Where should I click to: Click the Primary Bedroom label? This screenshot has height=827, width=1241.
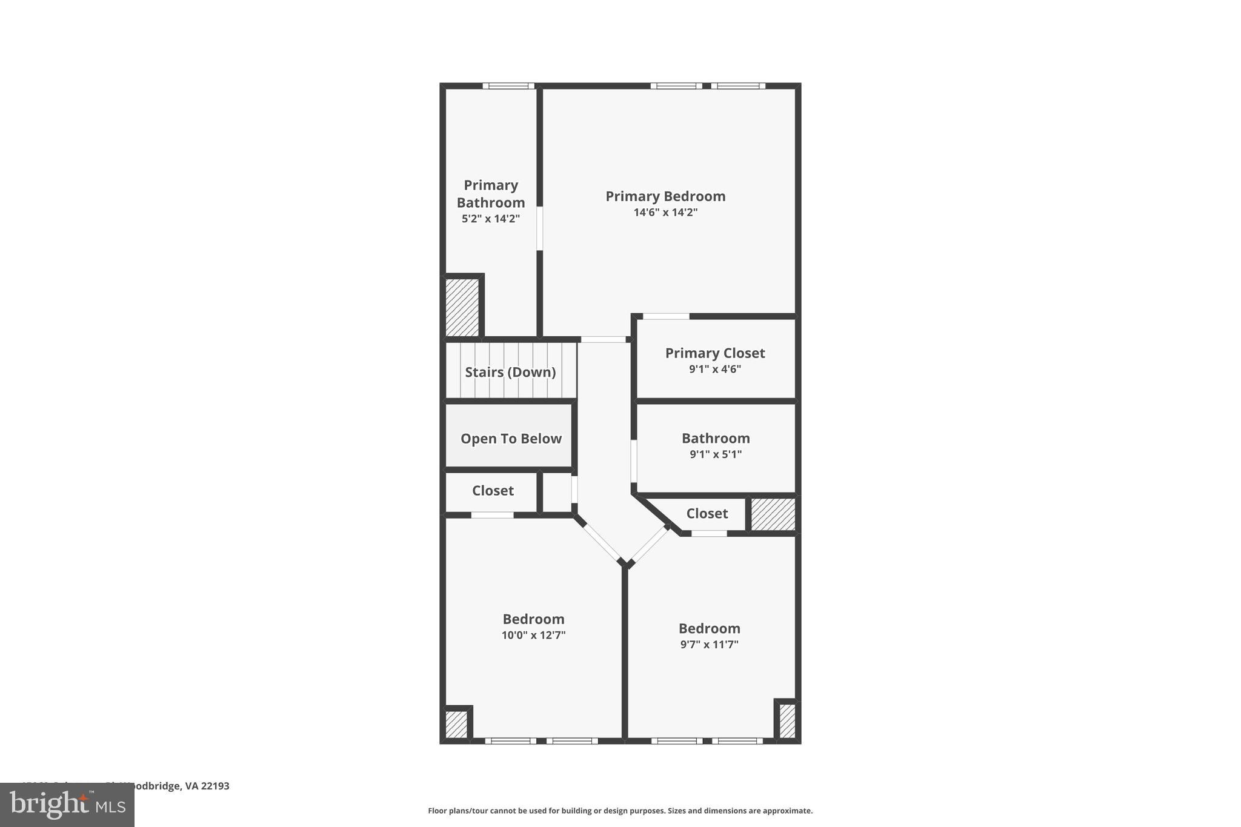pos(665,196)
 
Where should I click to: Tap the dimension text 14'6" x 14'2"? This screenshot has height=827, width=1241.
pos(665,213)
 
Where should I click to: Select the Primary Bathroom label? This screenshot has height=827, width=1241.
pos(491,194)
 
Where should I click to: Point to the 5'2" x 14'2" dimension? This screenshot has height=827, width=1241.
pos(491,219)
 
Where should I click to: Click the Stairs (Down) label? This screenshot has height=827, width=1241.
pos(510,372)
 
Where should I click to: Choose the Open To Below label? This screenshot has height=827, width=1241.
pos(511,439)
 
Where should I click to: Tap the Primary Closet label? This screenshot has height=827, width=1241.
pos(715,353)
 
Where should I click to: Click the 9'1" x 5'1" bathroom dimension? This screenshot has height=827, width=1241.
pos(716,454)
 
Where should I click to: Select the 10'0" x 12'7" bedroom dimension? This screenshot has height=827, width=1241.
pos(533,636)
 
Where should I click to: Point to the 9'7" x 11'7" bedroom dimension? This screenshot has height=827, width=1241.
pos(709,645)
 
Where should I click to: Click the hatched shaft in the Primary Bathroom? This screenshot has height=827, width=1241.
pos(462,307)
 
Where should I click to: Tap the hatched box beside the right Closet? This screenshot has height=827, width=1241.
pos(773,514)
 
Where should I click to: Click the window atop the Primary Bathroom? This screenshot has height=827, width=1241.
pos(508,86)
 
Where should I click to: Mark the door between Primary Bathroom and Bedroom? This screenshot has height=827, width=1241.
pos(539,228)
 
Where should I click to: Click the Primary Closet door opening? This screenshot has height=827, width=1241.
pos(666,316)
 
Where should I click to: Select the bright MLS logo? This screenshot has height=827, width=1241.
pos(67,805)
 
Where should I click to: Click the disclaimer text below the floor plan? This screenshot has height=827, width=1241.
pos(620,811)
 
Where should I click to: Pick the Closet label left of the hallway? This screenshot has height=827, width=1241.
pos(493,491)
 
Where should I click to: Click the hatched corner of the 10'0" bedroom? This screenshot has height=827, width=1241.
pos(456,724)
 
